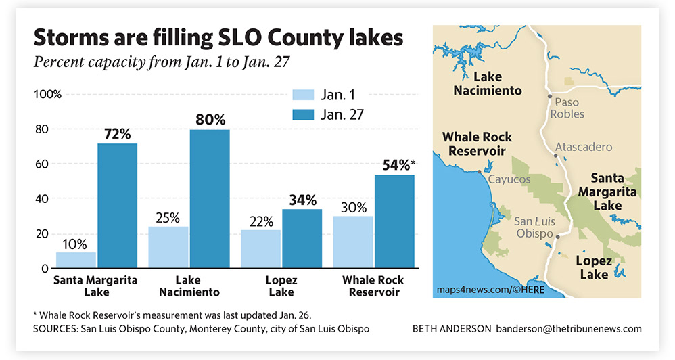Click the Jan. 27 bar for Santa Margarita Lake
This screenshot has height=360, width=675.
click(117, 206)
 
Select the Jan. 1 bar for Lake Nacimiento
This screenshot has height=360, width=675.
click(168, 247)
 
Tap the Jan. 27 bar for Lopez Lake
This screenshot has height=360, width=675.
click(302, 239)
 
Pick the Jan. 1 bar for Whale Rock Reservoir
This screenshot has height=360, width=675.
click(354, 242)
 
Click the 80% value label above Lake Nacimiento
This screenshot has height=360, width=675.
click(210, 120)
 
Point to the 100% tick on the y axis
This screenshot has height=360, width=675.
click(47, 94)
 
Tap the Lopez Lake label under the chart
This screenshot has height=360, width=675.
click(281, 286)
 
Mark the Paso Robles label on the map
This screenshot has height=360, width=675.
click(567, 108)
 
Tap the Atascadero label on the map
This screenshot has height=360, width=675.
click(583, 147)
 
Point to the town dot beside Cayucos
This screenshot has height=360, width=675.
click(480, 172)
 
